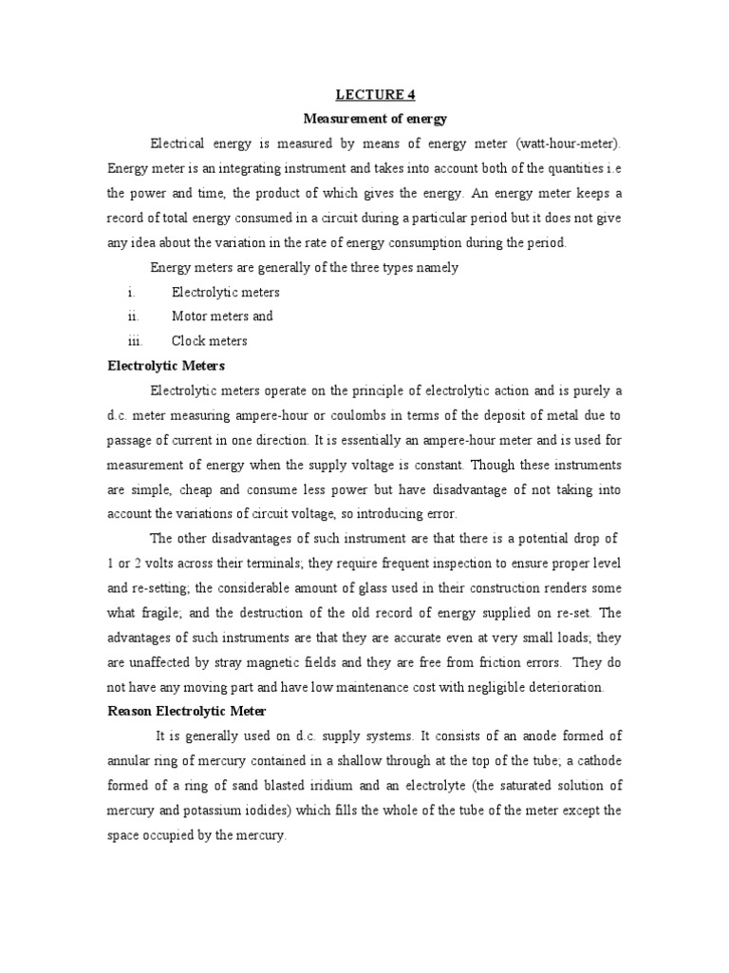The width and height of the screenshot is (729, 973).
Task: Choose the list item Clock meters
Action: coord(209,341)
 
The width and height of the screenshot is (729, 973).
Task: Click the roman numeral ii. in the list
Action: coord(133,316)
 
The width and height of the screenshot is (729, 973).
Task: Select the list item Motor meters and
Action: coord(222,316)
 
